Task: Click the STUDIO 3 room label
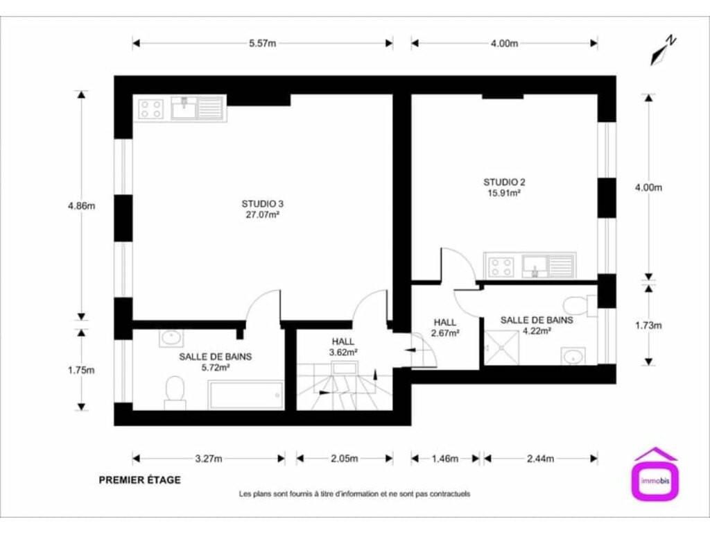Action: click(x=262, y=204)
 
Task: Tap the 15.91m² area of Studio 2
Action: click(x=504, y=193)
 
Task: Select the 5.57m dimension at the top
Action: click(x=262, y=44)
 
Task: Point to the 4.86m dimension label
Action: click(x=82, y=205)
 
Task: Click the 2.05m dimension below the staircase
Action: click(x=344, y=459)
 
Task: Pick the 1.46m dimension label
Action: click(x=445, y=459)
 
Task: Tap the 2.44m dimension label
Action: click(x=540, y=459)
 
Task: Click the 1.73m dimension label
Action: click(x=648, y=325)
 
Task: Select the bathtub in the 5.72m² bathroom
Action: click(x=246, y=396)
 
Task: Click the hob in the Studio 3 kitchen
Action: click(x=150, y=109)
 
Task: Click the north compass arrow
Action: click(x=663, y=51)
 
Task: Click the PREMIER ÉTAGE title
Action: click(x=140, y=480)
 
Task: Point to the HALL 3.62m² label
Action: click(x=343, y=347)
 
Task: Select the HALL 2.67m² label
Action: click(x=445, y=328)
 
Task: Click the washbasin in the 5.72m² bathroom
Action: click(x=172, y=338)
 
